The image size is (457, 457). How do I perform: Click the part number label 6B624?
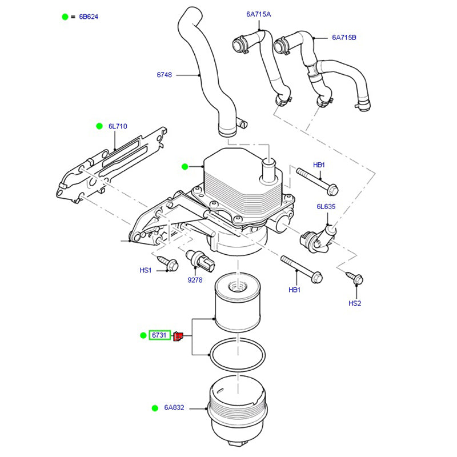pos(89,17)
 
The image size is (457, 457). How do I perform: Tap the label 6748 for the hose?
pos(165,74)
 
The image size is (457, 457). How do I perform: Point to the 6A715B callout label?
pos(344,38)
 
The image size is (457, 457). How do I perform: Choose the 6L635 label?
pos(326,207)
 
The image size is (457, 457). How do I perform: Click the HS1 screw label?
pos(146,270)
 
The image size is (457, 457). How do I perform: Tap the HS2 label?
pos(355,303)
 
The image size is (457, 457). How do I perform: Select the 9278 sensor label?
pos(195,280)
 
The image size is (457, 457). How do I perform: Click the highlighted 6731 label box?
pos(159,335)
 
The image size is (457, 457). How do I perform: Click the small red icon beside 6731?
pos(178,336)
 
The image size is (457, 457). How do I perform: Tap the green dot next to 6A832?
pos(154,408)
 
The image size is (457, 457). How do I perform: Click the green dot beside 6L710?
pos(98,126)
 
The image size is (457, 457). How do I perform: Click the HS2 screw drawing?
pos(356,278)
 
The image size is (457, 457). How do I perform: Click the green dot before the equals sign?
pos(65,17)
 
